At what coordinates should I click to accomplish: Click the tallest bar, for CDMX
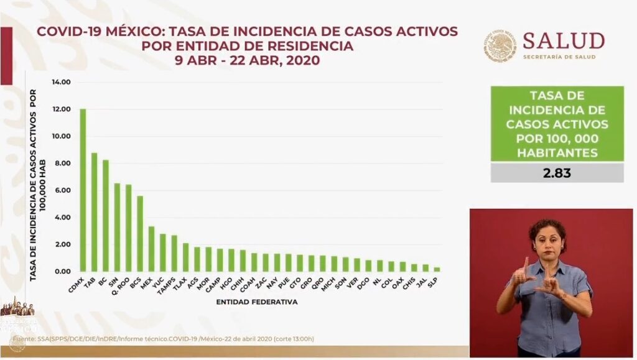[83, 190]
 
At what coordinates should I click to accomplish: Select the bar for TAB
[94, 212]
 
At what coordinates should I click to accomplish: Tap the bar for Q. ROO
[128, 228]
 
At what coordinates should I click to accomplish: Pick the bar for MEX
[151, 249]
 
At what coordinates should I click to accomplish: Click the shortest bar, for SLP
[436, 269]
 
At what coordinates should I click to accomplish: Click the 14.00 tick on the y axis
[62, 82]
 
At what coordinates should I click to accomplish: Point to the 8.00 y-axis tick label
[62, 164]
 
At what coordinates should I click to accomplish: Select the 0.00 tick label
[62, 272]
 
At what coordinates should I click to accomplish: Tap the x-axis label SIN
[113, 283]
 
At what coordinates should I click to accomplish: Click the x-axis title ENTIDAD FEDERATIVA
[257, 302]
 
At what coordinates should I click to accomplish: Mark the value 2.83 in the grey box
[557, 173]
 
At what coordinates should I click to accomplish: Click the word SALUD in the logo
[563, 41]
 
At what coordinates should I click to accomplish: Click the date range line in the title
[247, 61]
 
